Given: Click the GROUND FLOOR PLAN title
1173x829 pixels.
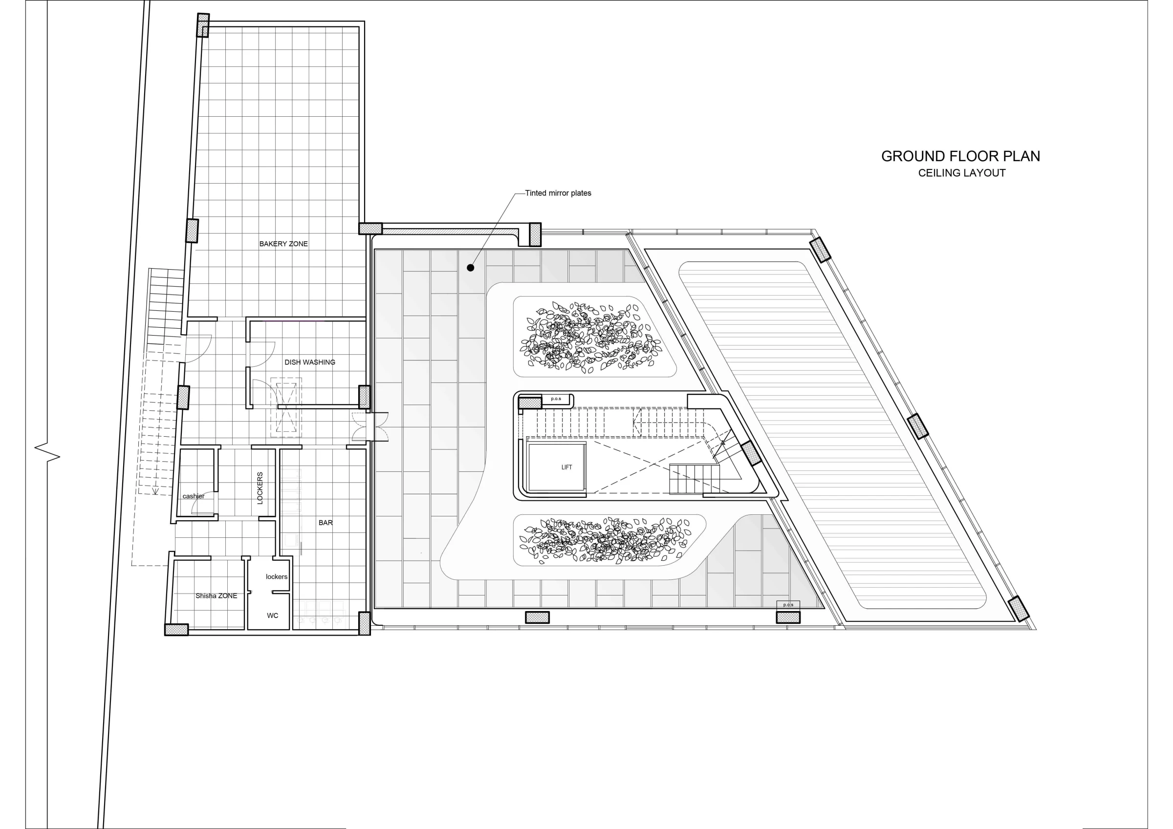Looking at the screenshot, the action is click(960, 156).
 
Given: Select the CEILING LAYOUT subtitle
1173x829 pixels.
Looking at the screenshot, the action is click(961, 173).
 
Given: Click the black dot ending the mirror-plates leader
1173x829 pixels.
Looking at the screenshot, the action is click(471, 268).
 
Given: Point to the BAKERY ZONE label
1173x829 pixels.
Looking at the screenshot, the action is click(283, 244).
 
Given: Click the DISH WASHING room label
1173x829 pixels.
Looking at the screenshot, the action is click(309, 362).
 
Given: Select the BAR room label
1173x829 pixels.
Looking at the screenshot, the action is click(326, 523).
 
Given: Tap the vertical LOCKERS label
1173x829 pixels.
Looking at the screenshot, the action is click(260, 489).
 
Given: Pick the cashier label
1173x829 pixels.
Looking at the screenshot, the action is click(194, 496).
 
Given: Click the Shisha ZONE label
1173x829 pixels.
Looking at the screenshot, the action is click(216, 595).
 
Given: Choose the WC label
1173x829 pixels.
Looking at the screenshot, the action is click(272, 616).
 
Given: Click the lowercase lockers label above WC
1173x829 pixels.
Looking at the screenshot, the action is click(277, 576).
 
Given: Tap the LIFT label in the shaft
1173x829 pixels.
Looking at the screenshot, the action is click(566, 468).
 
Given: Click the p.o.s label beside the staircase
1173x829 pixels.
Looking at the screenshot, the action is click(556, 399).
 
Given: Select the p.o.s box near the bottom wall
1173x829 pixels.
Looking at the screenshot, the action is click(788, 605).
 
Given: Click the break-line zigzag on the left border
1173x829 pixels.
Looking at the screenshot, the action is click(47, 451).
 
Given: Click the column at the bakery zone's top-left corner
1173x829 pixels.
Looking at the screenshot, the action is click(203, 25).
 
